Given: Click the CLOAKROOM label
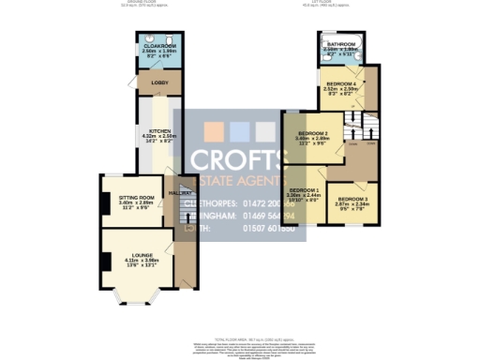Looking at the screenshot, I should click(155, 45).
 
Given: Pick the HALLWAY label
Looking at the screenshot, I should click(179, 192).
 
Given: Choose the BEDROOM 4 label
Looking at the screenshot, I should click(344, 84).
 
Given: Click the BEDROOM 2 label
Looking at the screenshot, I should click(311, 133).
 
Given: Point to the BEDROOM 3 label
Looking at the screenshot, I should click(353, 199).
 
